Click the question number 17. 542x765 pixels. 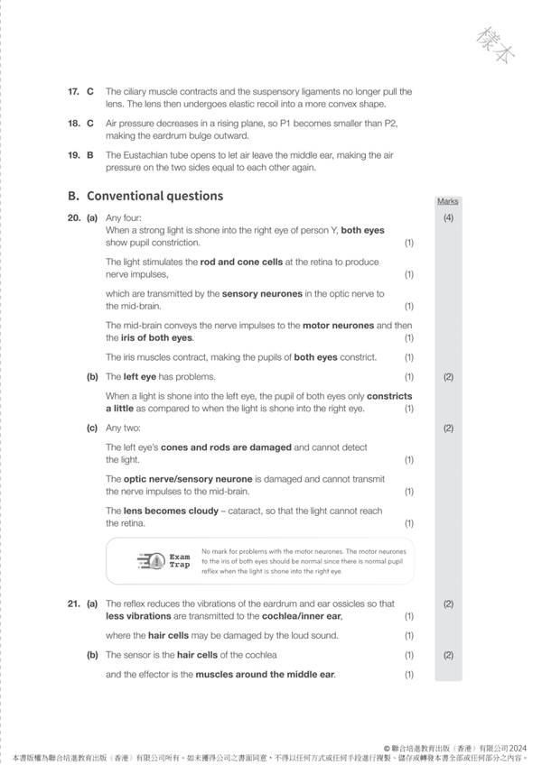tap(73, 91)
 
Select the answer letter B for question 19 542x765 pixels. tap(90, 155)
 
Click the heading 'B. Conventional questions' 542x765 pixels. tap(145, 196)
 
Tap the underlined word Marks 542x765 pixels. tap(447, 201)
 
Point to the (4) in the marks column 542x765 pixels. tap(448, 218)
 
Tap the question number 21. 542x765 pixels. tap(73, 604)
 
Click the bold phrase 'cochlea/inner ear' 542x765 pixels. tap(300, 616)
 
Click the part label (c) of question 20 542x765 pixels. tap(92, 428)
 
